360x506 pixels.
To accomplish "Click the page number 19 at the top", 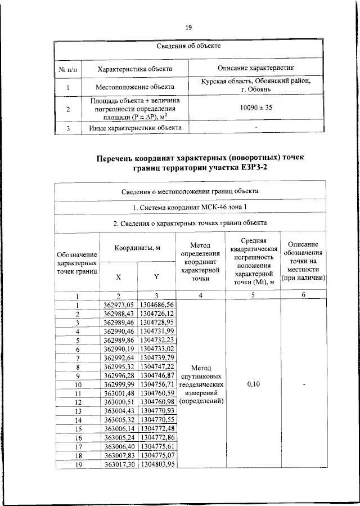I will point(188,28).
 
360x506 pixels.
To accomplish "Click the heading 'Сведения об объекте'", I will point(188,46).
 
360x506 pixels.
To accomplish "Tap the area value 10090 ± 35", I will point(256,108).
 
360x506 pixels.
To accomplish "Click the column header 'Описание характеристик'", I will point(256,69).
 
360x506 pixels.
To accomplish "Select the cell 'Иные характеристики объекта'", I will point(135,128).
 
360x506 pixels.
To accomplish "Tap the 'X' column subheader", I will point(118,277).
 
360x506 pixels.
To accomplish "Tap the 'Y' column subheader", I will point(157,277).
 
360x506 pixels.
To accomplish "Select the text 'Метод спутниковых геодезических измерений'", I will point(201,384).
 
